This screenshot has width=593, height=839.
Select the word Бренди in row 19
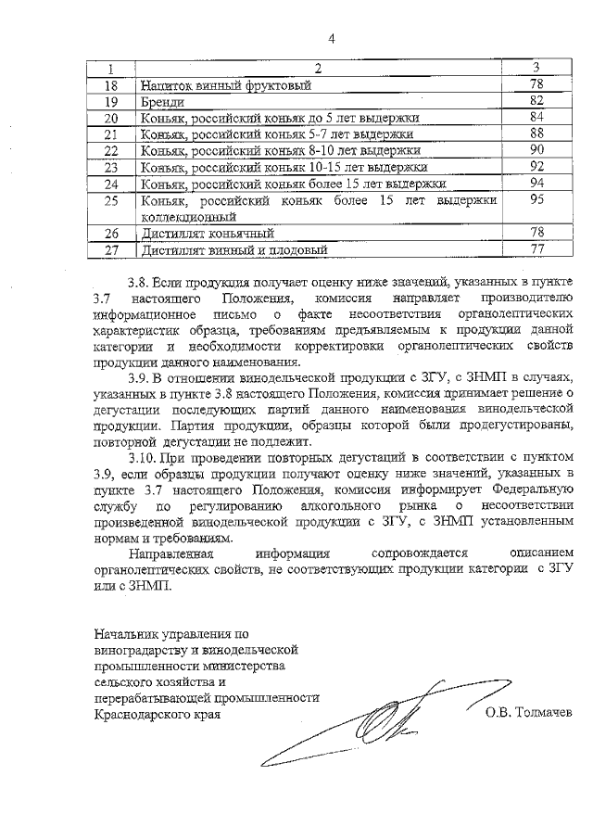pos(161,101)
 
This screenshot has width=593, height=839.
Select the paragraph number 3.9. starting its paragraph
pos(139,378)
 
